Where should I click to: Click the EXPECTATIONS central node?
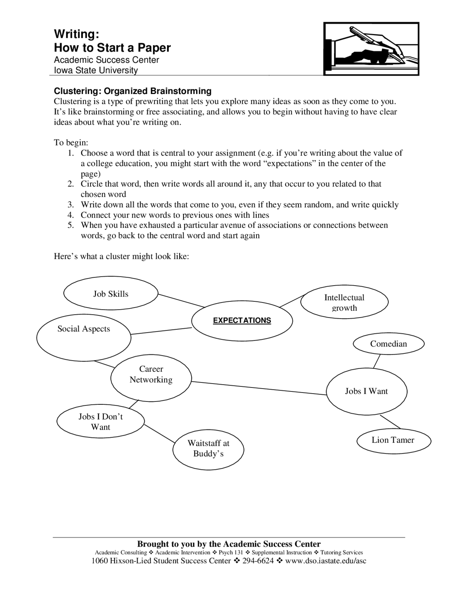click(x=242, y=320)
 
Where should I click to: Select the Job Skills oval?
click(x=111, y=294)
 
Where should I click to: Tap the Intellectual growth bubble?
click(x=344, y=302)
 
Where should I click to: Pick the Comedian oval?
click(x=388, y=344)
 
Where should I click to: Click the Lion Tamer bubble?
click(x=393, y=440)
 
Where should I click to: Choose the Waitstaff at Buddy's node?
click(x=208, y=448)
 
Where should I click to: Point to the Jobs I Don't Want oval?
click(x=101, y=421)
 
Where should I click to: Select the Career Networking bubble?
click(x=151, y=374)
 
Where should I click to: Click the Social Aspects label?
click(x=84, y=329)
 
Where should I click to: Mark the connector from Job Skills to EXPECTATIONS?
click(x=181, y=301)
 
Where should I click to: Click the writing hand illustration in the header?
click(x=371, y=49)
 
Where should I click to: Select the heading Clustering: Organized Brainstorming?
click(x=132, y=91)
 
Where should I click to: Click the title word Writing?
click(x=76, y=34)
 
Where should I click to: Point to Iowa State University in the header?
click(x=96, y=70)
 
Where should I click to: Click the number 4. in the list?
click(x=70, y=215)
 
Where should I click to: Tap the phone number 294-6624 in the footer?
click(x=258, y=561)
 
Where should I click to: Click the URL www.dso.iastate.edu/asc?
click(x=326, y=561)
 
